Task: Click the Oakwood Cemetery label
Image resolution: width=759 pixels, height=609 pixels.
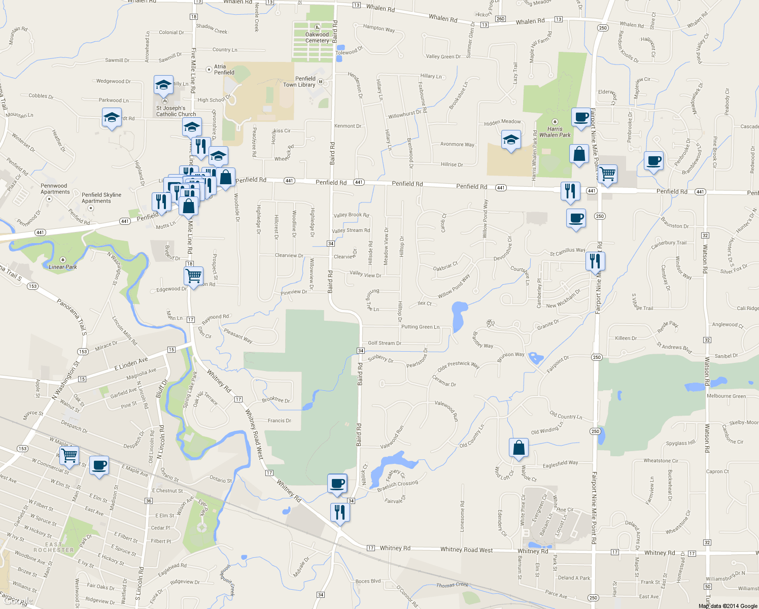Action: [317, 38]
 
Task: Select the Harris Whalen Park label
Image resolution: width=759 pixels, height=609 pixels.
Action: [555, 132]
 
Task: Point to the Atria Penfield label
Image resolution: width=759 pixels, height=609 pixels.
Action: [224, 70]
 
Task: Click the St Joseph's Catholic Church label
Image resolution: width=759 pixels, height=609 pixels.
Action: [176, 111]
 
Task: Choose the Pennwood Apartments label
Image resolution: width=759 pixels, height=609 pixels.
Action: [55, 189]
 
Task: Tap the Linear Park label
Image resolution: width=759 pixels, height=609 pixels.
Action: [63, 267]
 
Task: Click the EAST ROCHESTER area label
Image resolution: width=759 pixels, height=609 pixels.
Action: [54, 547]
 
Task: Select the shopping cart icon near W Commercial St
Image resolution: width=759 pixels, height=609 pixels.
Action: [69, 454]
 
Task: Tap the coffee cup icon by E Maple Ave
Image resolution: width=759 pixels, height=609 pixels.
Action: [99, 465]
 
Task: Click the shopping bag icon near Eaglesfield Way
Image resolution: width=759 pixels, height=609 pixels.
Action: [519, 448]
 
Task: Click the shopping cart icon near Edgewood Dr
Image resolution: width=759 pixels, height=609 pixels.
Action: [193, 276]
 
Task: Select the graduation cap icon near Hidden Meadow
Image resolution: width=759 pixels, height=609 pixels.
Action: [510, 140]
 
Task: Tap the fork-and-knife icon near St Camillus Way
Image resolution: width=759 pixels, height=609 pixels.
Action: [595, 261]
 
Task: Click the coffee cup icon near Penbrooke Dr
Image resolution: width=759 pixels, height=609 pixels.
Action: [653, 161]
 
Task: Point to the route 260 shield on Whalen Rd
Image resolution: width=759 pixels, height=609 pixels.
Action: [500, 19]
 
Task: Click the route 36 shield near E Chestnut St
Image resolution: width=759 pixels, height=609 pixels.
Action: [148, 501]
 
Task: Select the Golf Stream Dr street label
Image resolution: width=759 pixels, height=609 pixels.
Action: [384, 343]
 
